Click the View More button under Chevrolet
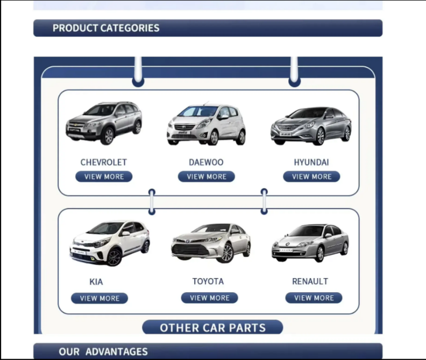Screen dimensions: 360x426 104,177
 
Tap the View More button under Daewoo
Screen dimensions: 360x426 207,177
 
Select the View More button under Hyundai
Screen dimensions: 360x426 311,177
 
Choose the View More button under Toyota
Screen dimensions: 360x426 209,298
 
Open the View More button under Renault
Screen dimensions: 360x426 314,298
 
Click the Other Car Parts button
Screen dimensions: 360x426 212,328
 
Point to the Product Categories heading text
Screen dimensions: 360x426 106,28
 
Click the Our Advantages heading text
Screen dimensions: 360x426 103,352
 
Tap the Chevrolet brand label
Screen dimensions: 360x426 104,162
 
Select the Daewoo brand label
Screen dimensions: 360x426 206,162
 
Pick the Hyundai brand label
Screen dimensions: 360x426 311,162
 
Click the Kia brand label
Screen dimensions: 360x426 96,281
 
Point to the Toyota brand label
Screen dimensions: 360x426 208,281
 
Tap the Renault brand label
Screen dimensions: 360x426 310,281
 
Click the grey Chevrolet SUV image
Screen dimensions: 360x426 104,123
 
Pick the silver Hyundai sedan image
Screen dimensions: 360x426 311,125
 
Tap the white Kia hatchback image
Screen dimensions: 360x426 110,243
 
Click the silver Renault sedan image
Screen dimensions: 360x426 310,243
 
